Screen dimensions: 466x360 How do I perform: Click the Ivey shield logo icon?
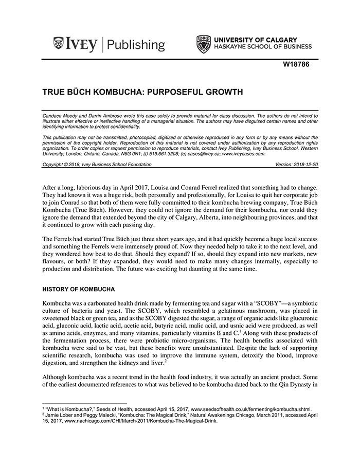click(x=59, y=43)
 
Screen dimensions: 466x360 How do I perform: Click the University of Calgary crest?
click(x=203, y=44)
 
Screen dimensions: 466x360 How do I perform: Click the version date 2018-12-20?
click(x=306, y=165)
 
